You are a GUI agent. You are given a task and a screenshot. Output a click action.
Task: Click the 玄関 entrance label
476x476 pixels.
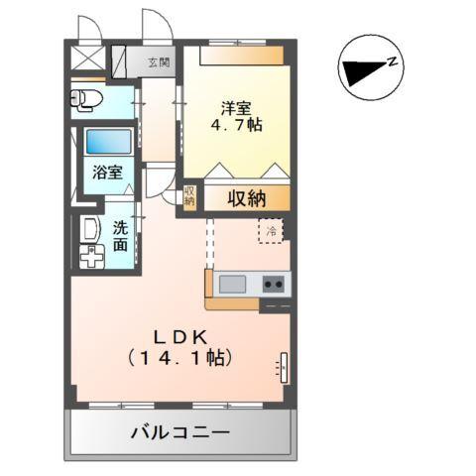(159, 62)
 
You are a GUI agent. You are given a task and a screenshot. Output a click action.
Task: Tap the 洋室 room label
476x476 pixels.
(235, 106)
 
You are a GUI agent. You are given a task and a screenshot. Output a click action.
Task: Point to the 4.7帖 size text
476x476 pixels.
(235, 127)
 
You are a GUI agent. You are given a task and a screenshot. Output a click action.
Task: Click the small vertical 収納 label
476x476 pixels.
(189, 196)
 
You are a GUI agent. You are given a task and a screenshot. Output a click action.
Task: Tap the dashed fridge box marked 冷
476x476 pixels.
(271, 231)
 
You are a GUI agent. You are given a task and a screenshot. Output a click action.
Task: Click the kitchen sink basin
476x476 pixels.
(233, 285)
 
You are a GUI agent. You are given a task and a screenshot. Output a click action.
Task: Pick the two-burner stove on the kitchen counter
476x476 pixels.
(274, 285)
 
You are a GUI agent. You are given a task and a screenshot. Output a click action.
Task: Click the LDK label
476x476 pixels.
(178, 336)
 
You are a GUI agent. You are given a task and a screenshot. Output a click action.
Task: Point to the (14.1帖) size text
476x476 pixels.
(179, 359)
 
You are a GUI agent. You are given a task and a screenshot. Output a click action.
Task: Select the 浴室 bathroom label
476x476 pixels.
(107, 171)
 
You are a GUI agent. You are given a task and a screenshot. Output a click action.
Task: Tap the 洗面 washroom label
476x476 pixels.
(119, 235)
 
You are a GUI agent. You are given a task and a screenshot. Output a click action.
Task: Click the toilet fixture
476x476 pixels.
(86, 98)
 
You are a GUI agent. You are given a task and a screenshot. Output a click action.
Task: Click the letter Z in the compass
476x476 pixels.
(394, 64)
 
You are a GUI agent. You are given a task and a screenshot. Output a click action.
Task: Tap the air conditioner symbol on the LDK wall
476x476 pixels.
(282, 367)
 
